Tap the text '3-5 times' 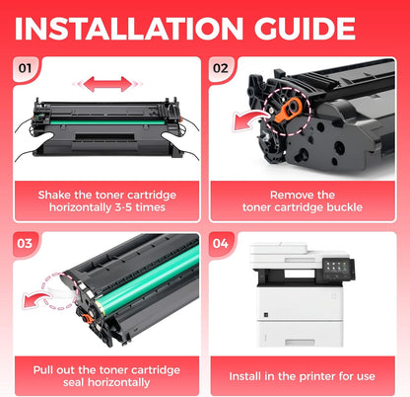click(143, 209)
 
